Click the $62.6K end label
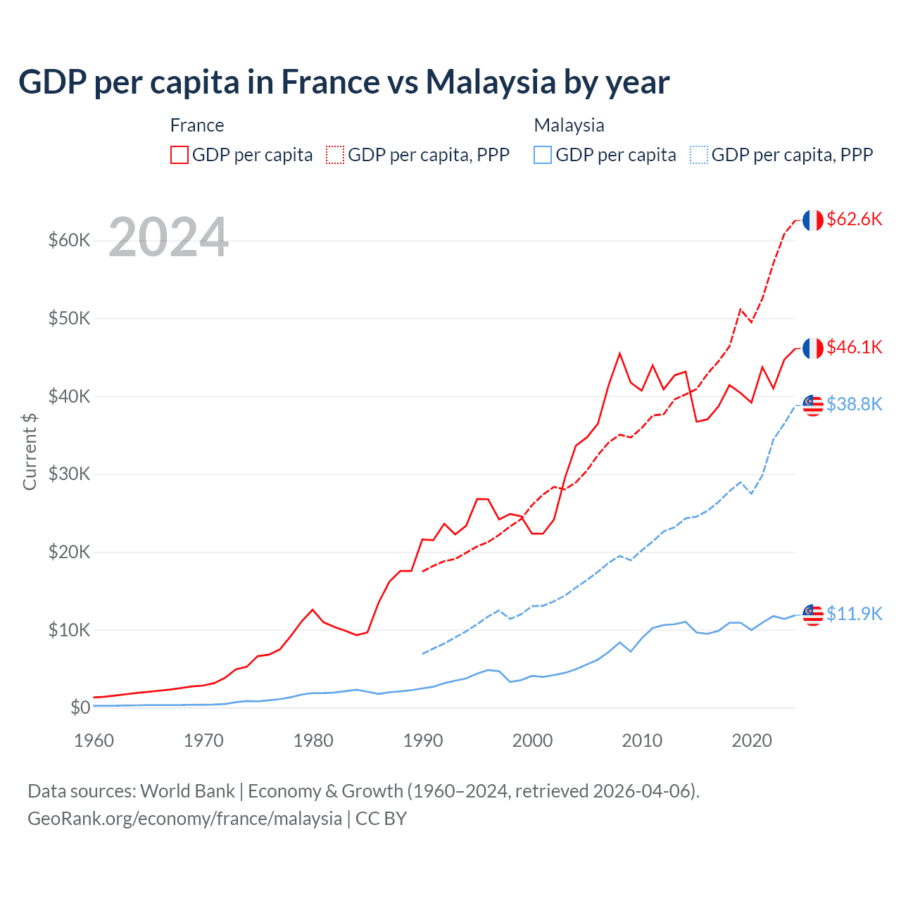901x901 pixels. [854, 219]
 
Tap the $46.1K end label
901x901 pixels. [854, 347]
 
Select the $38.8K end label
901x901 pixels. [854, 404]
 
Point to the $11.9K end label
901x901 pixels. [854, 614]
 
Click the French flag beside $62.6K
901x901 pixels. [813, 220]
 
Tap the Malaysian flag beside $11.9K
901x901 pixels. [813, 615]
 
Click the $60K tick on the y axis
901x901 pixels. [70, 241]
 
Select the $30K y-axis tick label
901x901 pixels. [70, 474]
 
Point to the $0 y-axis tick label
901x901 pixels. [80, 707]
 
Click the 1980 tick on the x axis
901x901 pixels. [313, 741]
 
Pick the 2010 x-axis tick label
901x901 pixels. [642, 741]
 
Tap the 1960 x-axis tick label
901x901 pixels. [94, 741]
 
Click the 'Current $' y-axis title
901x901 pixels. [30, 452]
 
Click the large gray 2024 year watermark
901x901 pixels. [168, 237]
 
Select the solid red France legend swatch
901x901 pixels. [179, 155]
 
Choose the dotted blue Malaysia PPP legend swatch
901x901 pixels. [699, 155]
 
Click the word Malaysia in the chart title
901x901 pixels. [491, 82]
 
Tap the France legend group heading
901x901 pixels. [197, 125]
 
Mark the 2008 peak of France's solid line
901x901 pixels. [619, 353]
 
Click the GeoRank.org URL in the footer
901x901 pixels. [184, 819]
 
